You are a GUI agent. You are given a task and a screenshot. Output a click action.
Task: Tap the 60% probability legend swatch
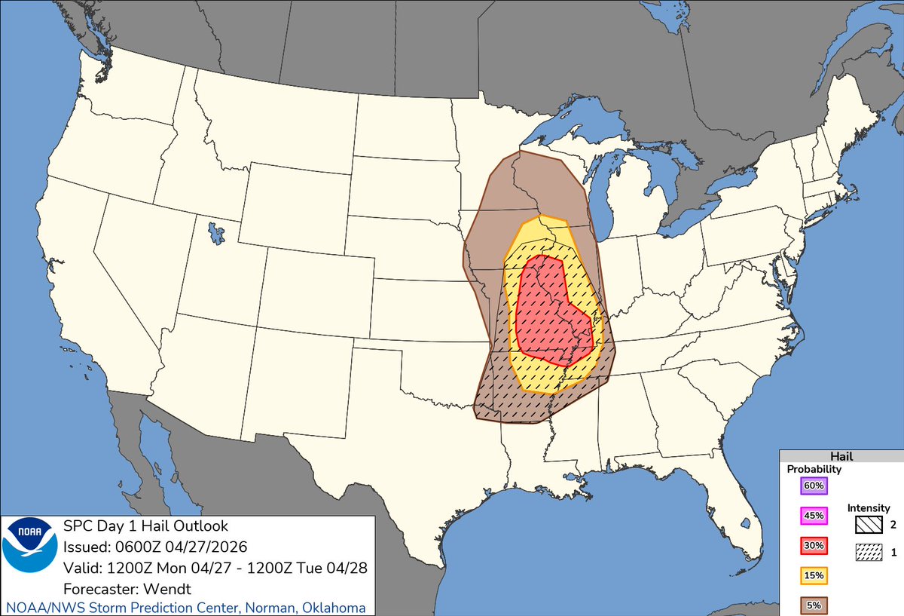(814, 486)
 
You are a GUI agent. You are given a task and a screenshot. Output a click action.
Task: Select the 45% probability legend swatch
(814, 516)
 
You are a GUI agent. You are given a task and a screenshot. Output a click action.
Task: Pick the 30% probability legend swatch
(814, 545)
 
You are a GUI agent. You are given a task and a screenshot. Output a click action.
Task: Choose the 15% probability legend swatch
(814, 575)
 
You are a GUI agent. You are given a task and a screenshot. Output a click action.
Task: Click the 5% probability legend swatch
(814, 605)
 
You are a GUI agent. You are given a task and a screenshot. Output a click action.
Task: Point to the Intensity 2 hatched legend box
(869, 523)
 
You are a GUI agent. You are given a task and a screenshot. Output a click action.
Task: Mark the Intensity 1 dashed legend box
(869, 553)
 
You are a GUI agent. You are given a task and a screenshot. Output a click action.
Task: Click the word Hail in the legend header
(841, 457)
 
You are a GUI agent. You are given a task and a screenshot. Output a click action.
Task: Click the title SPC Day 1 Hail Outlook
(145, 526)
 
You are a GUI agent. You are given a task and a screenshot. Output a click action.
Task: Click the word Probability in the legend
(814, 469)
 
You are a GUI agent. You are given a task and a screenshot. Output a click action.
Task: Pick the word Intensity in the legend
(869, 508)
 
